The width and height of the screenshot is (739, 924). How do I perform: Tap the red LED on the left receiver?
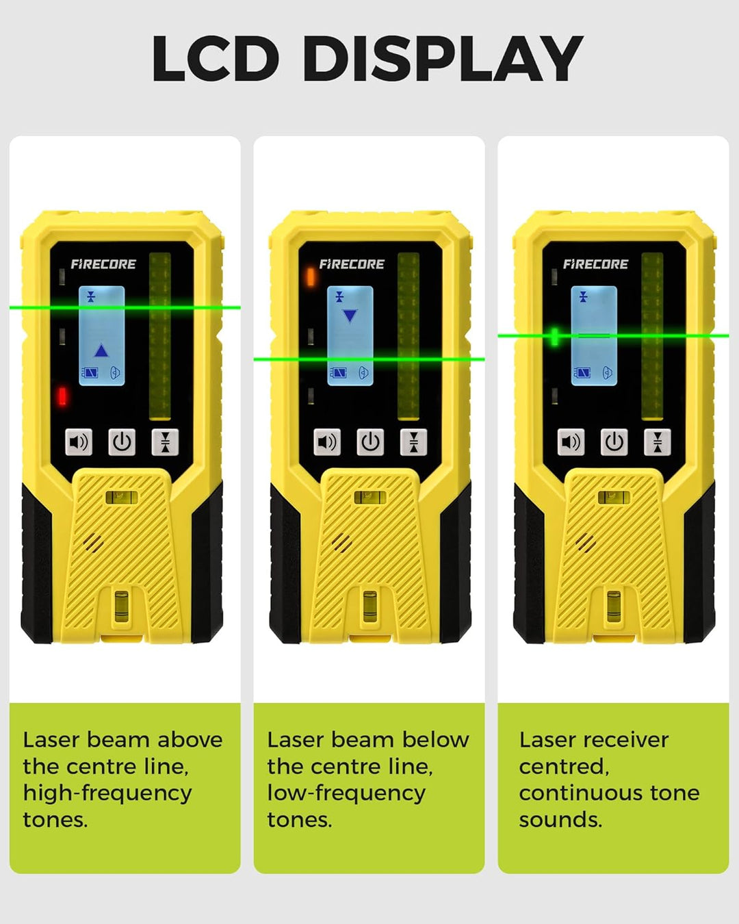(x=62, y=396)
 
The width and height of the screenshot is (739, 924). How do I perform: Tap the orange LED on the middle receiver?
(x=311, y=277)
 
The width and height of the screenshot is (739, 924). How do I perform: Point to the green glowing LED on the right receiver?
(x=554, y=337)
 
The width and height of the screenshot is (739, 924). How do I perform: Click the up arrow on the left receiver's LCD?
(x=101, y=351)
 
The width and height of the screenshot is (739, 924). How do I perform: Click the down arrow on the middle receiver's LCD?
(x=350, y=316)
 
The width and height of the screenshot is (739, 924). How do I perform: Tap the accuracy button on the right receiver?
(x=657, y=442)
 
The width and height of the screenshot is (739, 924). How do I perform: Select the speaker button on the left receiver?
(x=79, y=442)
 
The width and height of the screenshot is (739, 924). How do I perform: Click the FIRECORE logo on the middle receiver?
(x=352, y=264)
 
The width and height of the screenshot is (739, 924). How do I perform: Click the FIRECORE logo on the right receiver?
(x=595, y=264)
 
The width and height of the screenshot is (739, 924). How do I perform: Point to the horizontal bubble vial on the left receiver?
(x=122, y=498)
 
